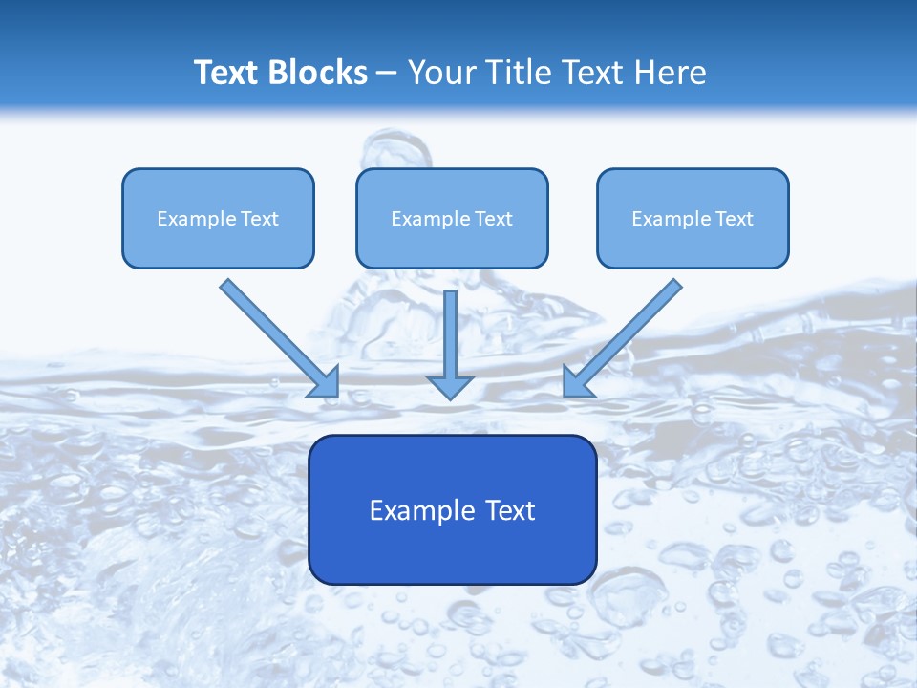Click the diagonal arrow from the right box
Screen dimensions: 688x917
(x=626, y=334)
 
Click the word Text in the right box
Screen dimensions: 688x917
(x=735, y=219)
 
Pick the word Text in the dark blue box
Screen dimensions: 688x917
(x=510, y=510)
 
